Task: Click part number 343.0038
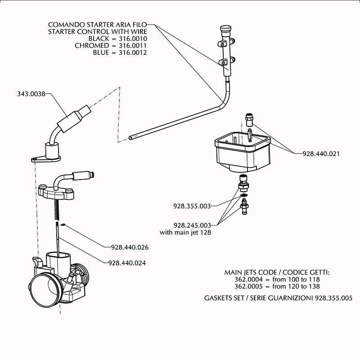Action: tap(31, 94)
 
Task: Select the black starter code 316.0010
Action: tap(133, 39)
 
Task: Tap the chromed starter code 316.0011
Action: tap(133, 45)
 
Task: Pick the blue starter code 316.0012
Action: tap(133, 52)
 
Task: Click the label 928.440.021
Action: tap(321, 153)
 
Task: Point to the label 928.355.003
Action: tap(192, 206)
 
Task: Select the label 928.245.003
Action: tap(192, 225)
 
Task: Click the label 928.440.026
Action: tap(130, 247)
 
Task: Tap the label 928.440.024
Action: tap(127, 263)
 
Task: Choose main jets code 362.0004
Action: tap(248, 279)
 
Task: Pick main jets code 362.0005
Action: tap(248, 286)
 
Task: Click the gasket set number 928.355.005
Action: tap(333, 298)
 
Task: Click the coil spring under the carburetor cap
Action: tap(57, 209)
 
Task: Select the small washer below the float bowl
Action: tap(244, 195)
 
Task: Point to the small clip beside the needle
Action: tap(63, 225)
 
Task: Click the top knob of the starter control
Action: tap(225, 29)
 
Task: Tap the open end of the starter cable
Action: tap(130, 138)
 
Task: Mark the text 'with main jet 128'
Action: tap(185, 232)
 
